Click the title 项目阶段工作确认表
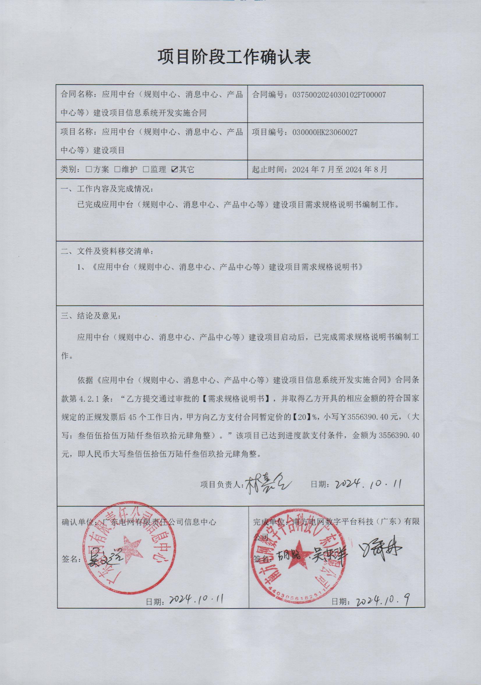pos(234,57)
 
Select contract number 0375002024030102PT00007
pos(339,95)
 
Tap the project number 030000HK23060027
pos(325,133)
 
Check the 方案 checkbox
pos(89,170)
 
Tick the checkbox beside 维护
pos(118,170)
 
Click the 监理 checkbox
pos(146,170)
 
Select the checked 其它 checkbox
pos(174,170)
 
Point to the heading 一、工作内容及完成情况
pos(108,189)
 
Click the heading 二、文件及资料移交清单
pos(108,251)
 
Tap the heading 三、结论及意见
pos(91,316)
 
